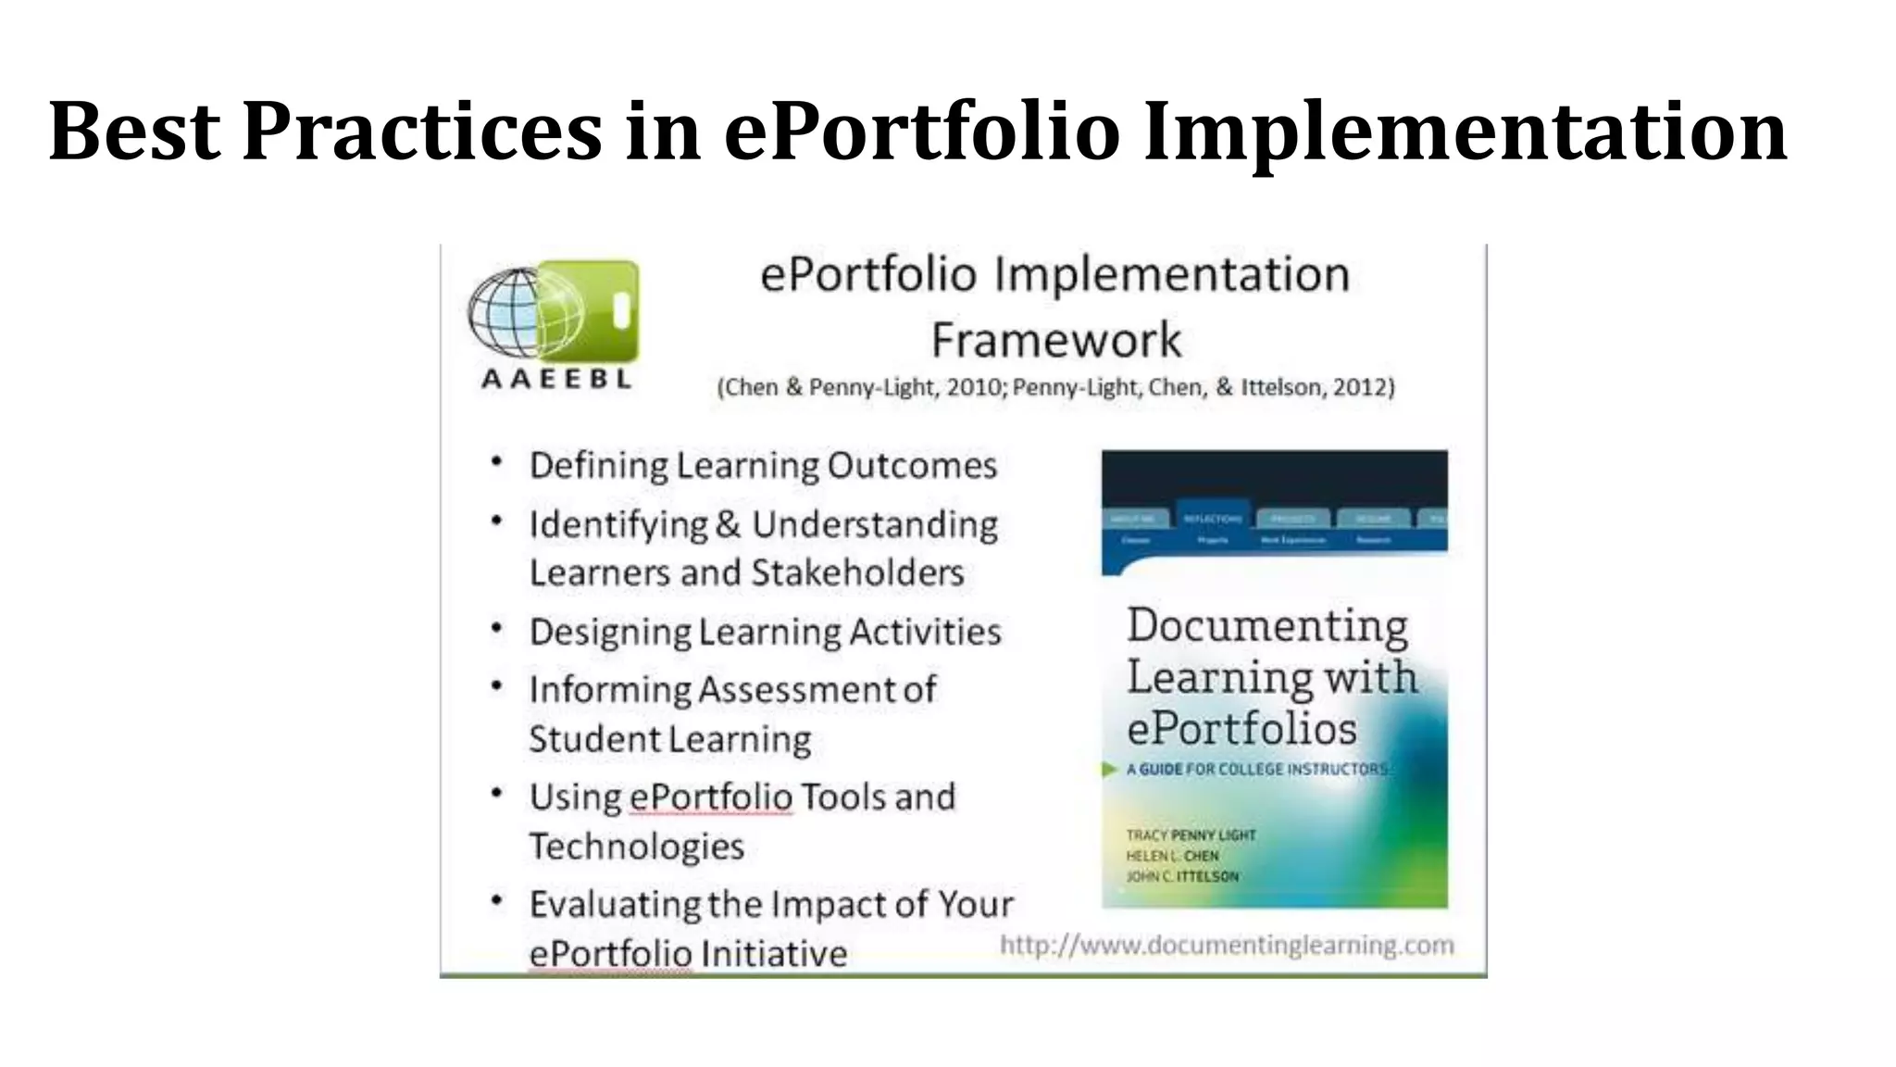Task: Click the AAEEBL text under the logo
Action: [x=556, y=378]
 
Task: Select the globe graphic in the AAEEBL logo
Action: [x=506, y=313]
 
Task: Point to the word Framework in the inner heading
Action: [x=1055, y=340]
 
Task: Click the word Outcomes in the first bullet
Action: [x=911, y=465]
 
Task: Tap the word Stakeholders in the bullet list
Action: [x=857, y=572]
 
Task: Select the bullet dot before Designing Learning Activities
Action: [x=497, y=629]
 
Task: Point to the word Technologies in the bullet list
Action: [x=636, y=847]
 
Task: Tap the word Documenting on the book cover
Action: [x=1266, y=627]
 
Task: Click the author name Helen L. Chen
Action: [x=1172, y=856]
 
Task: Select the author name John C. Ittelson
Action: [x=1182, y=876]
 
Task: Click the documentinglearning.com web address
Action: [x=1227, y=945]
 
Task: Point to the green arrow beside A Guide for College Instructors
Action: [x=1109, y=769]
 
